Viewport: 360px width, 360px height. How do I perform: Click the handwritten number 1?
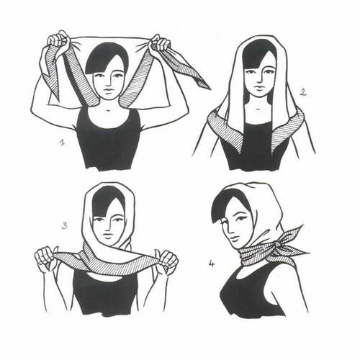(62, 143)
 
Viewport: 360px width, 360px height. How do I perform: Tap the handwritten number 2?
(303, 92)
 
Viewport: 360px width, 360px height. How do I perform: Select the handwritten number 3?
(64, 226)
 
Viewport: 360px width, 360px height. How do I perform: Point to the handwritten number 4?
(211, 264)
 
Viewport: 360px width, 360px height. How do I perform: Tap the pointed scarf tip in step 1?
(207, 86)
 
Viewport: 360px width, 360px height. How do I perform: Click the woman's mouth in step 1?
(109, 91)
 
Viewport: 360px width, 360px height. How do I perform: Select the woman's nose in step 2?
(256, 79)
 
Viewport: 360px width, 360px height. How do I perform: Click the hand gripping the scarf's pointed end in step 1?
(160, 45)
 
